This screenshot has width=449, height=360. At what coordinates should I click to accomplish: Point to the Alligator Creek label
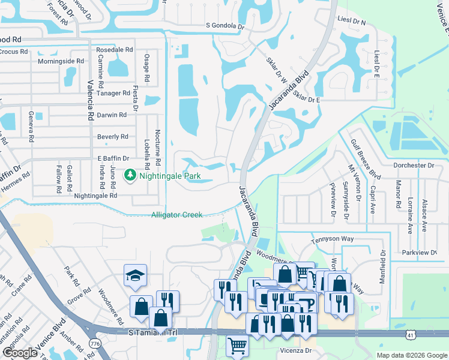176,215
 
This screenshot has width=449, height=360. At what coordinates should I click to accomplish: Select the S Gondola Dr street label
226,26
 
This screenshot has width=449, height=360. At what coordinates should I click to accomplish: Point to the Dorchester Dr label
414,165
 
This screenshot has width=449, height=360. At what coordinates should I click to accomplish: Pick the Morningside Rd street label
61,61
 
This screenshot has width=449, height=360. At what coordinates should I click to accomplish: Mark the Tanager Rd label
113,93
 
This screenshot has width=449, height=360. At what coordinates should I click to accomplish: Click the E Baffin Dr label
113,158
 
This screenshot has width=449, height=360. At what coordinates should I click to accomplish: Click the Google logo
20,353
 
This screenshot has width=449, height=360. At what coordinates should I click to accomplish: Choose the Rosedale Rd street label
113,50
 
